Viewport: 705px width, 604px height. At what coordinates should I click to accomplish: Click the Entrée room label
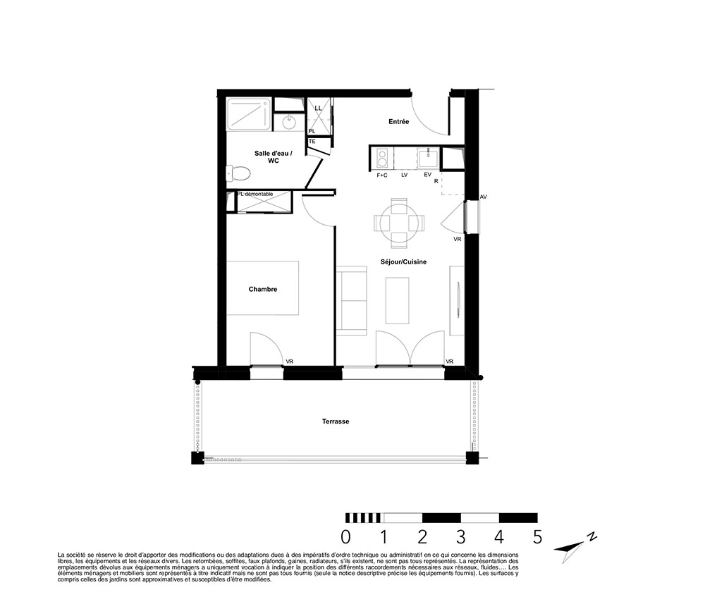[x=399, y=121]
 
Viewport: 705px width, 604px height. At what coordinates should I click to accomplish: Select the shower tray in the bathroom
[x=249, y=114]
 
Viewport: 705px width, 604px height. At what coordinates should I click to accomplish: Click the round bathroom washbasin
[x=288, y=121]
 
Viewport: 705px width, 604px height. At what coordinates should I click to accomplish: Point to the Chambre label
[x=263, y=289]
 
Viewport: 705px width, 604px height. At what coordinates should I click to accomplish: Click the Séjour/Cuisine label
[x=403, y=261]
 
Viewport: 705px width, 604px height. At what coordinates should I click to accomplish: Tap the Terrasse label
[x=336, y=421]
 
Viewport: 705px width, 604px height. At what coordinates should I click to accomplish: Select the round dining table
[x=399, y=223]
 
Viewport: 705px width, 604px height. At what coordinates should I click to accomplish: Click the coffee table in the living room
[x=398, y=300]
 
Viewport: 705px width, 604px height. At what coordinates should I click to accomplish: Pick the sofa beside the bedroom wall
[x=352, y=301]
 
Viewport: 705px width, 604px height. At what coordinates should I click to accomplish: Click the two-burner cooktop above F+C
[x=382, y=158]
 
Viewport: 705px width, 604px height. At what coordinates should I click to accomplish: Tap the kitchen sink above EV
[x=428, y=158]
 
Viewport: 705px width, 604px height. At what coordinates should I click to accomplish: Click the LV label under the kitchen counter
[x=404, y=175]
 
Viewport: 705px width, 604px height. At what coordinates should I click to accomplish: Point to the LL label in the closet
[x=319, y=109]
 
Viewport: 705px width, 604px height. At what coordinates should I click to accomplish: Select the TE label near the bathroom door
[x=312, y=141]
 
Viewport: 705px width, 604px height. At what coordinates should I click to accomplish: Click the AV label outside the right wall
[x=484, y=197]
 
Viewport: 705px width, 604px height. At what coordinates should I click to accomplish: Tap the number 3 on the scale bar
[x=461, y=537]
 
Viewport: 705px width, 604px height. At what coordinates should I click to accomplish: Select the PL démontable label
[x=255, y=194]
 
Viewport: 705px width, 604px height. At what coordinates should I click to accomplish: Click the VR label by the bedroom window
[x=290, y=362]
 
